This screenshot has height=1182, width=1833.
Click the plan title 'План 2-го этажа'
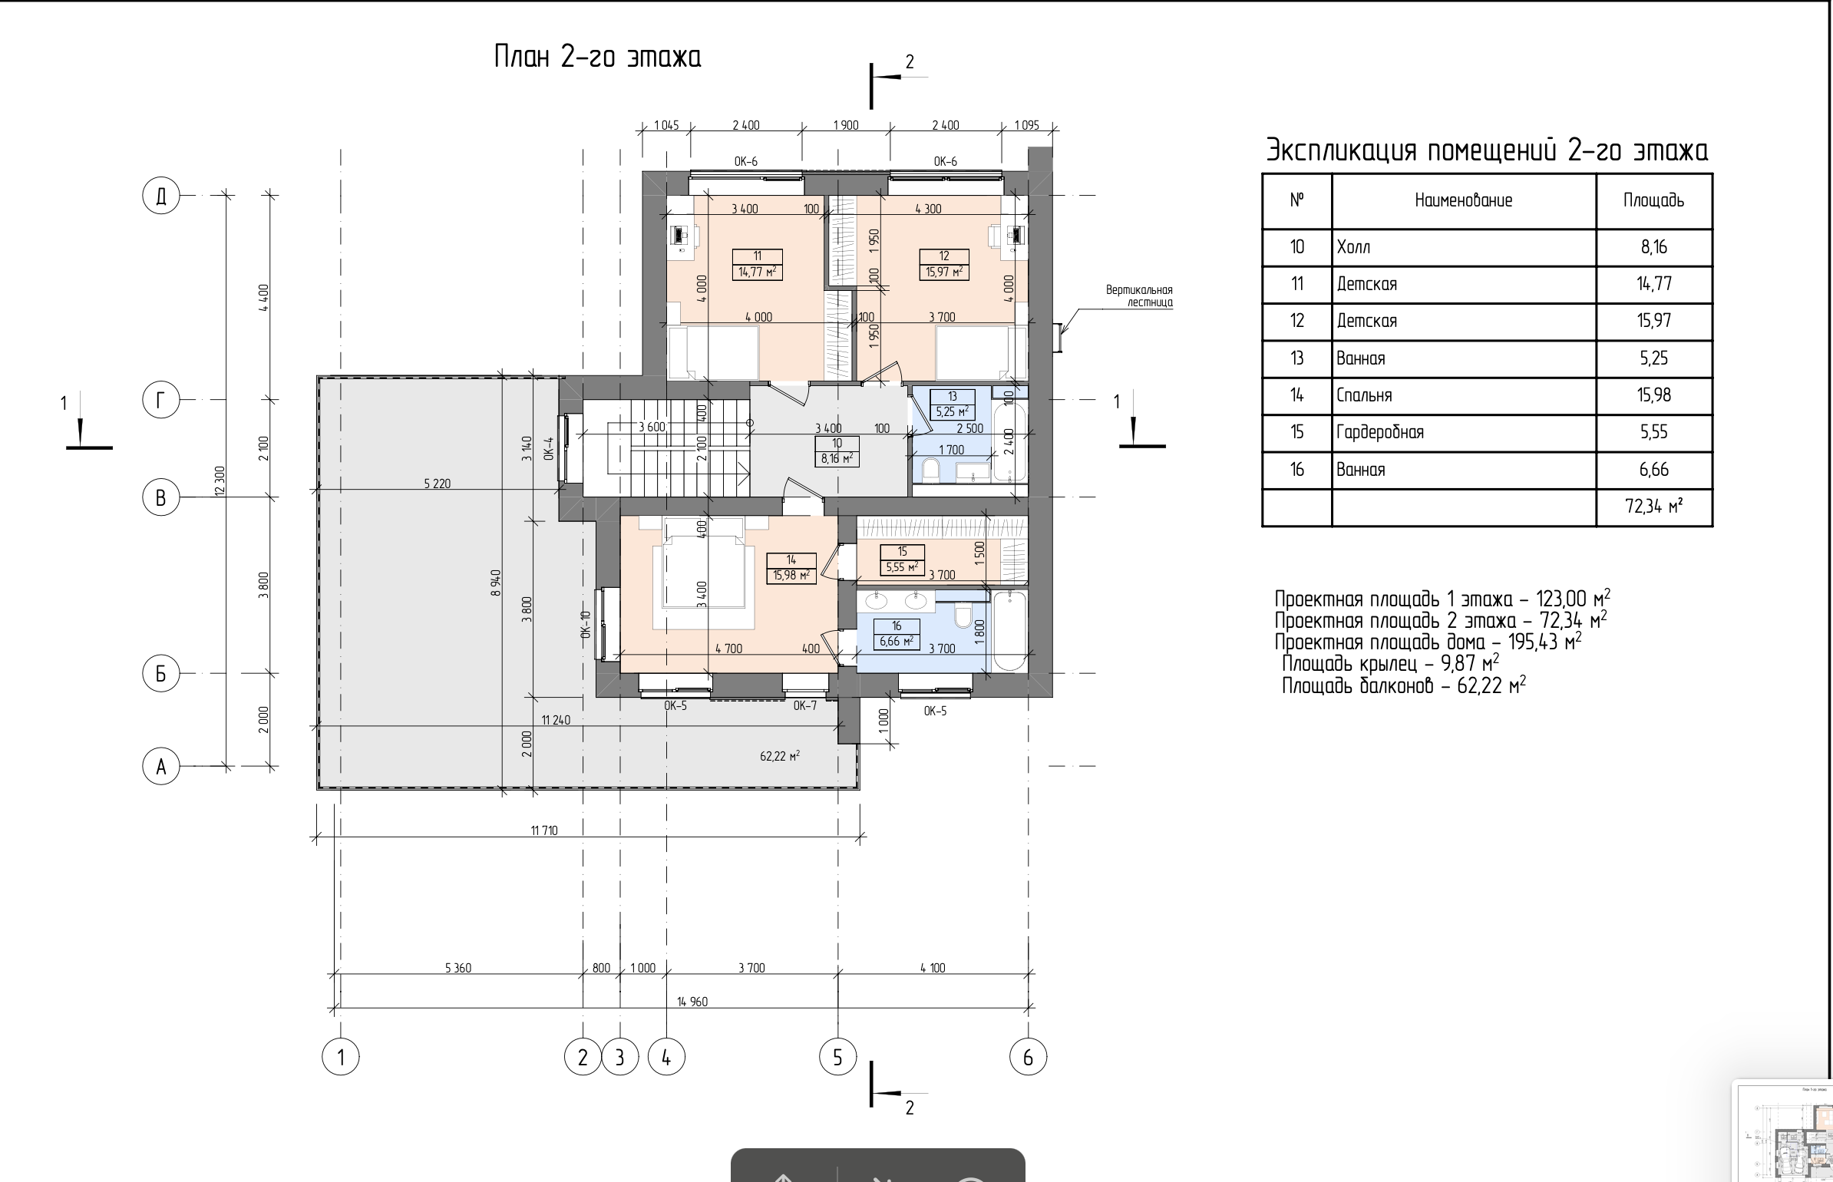tap(597, 58)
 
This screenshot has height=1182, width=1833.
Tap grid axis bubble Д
tap(161, 196)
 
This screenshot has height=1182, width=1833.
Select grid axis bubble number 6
tap(1028, 1058)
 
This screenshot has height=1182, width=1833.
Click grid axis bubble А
tap(161, 766)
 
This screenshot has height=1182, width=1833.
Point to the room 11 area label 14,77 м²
tap(757, 272)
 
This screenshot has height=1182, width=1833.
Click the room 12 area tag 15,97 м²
tap(944, 272)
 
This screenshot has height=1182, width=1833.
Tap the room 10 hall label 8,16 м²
tap(837, 459)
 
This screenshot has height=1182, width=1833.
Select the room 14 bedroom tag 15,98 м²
tap(791, 575)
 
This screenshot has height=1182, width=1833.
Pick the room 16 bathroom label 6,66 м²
tap(897, 641)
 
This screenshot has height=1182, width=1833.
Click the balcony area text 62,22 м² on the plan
tap(780, 756)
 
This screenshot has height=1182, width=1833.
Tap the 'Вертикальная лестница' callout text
tap(1139, 296)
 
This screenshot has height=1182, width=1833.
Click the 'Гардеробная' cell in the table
tap(1380, 433)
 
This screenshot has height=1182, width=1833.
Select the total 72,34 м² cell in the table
tap(1654, 507)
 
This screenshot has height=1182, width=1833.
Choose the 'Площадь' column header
tap(1653, 201)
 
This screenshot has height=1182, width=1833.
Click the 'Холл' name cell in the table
tap(1353, 247)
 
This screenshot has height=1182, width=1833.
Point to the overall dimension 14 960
tap(692, 1002)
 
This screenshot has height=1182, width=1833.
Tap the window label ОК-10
tap(586, 625)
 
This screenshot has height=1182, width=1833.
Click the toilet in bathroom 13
tap(930, 470)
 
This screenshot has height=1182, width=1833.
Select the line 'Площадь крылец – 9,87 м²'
tap(1390, 663)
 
